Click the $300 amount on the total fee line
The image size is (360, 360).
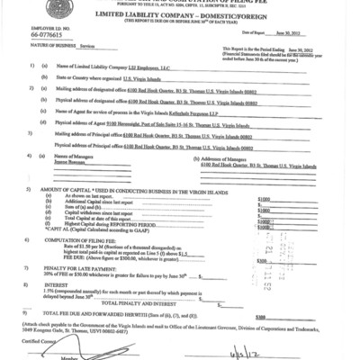tap(262, 317)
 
